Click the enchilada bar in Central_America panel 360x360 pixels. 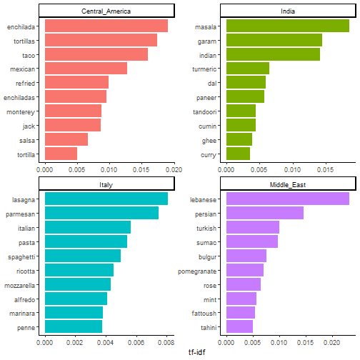[x=106, y=26]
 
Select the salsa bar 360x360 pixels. [x=66, y=139]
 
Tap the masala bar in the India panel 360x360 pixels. [x=287, y=26]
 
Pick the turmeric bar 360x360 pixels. [x=247, y=69]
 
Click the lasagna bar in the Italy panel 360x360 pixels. [x=106, y=199]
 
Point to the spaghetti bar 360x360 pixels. [x=82, y=256]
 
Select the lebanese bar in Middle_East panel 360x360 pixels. [x=287, y=199]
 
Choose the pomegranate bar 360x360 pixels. [x=244, y=270]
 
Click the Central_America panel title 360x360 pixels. [x=106, y=11]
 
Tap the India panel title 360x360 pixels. [x=287, y=11]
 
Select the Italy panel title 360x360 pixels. [x=106, y=184]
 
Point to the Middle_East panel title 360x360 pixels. [x=287, y=184]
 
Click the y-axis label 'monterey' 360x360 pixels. [x=24, y=111]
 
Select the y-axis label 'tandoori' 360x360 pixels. [x=206, y=111]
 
